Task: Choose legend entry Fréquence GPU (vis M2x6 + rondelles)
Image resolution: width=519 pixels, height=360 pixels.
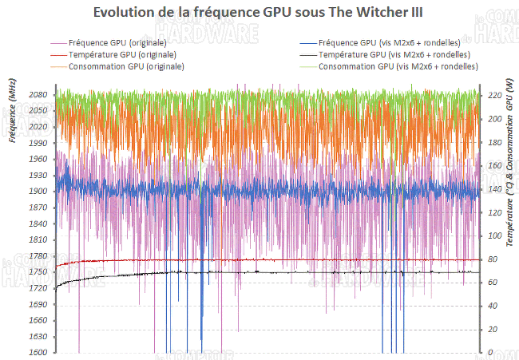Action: click(387, 42)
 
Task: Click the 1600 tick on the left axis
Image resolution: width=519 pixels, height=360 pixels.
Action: click(41, 353)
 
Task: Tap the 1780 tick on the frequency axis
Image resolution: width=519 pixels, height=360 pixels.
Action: click(41, 256)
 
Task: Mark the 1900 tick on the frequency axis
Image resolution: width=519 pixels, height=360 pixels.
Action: click(41, 192)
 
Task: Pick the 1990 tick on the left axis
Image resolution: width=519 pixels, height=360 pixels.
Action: click(41, 143)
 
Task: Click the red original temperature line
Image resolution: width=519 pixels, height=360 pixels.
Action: click(240, 259)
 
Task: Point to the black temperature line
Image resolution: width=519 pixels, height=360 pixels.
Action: click(240, 272)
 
